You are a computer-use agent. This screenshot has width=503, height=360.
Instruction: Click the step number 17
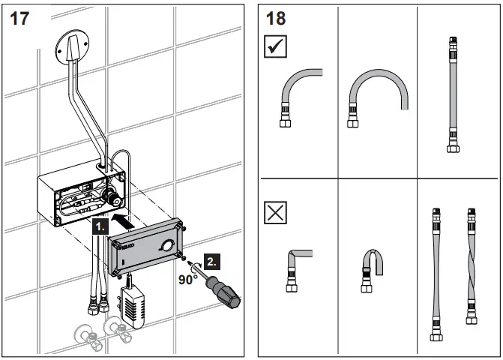tap(19, 18)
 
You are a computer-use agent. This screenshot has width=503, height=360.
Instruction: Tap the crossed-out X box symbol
tap(277, 215)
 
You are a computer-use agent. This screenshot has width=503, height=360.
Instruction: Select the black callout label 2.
tap(213, 261)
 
